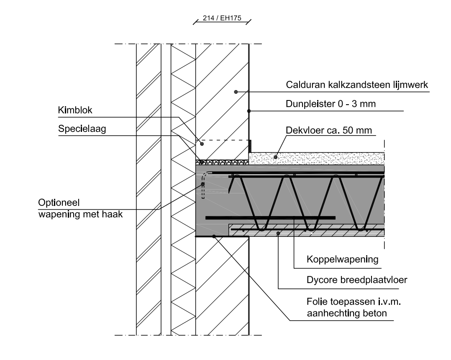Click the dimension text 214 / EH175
tap(220, 19)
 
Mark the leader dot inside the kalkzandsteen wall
tap(236, 91)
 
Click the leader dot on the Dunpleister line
tap(249, 111)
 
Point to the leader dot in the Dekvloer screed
tap(275, 157)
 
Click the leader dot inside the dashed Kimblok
tap(202, 144)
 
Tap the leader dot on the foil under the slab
tap(214, 237)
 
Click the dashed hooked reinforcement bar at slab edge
tap(203, 184)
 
